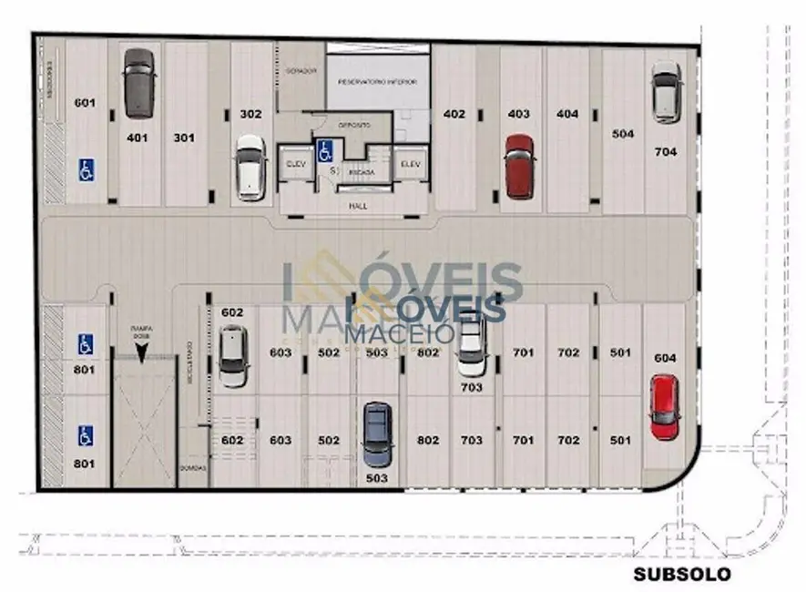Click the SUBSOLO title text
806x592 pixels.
point(683,575)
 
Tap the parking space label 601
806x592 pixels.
point(85,103)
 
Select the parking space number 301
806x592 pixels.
point(185,138)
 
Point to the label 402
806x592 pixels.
point(454,114)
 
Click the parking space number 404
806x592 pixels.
point(567,114)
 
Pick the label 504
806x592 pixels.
point(623,134)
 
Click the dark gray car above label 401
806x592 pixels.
point(138,83)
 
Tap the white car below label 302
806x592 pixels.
point(249,168)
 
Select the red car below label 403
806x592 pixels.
point(519,166)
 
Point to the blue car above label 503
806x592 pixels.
point(375,434)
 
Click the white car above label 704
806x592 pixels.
point(666,92)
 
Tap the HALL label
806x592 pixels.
point(358,207)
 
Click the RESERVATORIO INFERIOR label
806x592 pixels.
point(377,82)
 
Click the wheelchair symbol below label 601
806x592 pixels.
point(87,169)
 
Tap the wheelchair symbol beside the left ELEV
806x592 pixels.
point(323,151)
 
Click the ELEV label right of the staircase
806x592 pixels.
point(409,164)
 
